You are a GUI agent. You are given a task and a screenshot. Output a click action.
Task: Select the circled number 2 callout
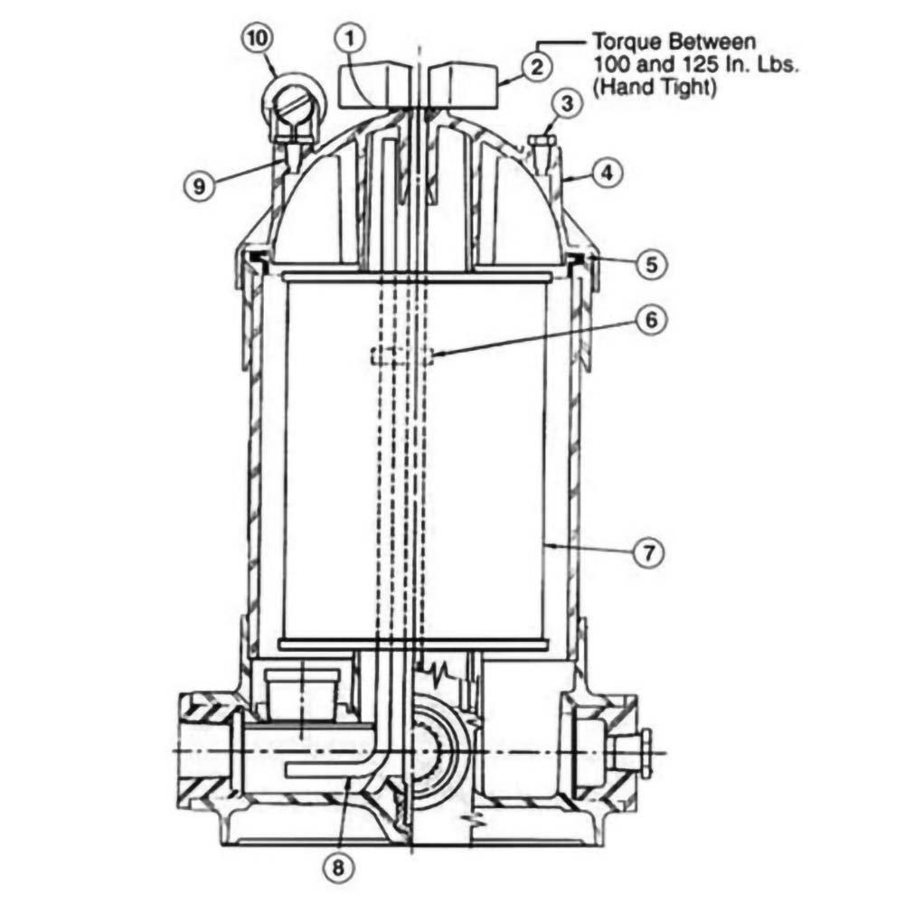click(x=537, y=64)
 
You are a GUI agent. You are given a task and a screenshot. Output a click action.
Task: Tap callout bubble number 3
click(x=566, y=104)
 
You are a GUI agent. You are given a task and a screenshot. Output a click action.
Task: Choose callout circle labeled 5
click(x=650, y=265)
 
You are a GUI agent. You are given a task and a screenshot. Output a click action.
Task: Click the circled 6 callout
click(x=650, y=320)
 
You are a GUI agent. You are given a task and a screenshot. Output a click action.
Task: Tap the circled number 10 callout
click(x=256, y=40)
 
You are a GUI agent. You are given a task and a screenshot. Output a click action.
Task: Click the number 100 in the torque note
click(x=609, y=66)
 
